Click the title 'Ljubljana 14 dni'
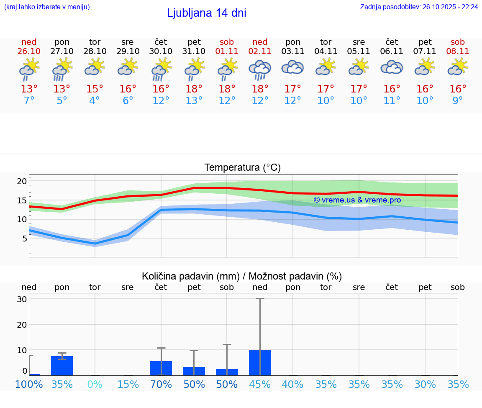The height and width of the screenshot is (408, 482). (x=206, y=13)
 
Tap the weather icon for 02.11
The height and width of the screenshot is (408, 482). (x=260, y=70)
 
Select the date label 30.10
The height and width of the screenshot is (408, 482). (x=161, y=51)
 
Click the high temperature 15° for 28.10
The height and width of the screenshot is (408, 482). (x=95, y=89)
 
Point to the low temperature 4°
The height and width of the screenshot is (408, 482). (x=95, y=101)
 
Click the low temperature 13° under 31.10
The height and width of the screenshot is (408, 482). (x=194, y=101)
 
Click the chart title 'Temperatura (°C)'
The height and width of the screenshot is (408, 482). (x=242, y=168)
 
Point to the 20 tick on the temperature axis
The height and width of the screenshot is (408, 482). (x=22, y=181)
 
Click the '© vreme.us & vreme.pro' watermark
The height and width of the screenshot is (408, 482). (x=357, y=200)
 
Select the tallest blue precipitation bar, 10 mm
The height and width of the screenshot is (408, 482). (x=260, y=362)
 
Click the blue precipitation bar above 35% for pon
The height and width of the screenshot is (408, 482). (x=62, y=366)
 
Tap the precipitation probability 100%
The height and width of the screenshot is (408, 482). (x=29, y=384)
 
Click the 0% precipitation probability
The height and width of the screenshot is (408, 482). (x=95, y=384)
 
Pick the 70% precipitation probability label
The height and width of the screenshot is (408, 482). (x=161, y=384)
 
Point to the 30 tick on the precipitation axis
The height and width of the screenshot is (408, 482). (x=22, y=299)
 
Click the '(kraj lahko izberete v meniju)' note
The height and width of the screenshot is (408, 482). (x=47, y=7)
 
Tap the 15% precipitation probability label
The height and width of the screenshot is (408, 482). (x=128, y=384)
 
